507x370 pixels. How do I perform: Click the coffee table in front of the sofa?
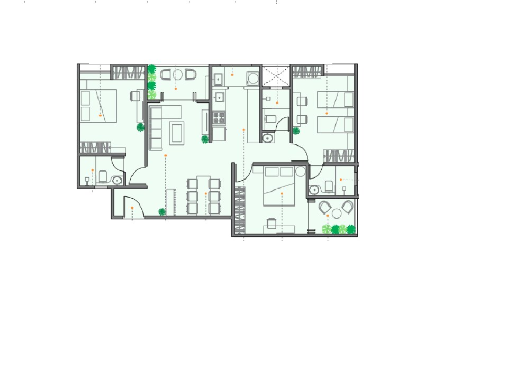[177, 133]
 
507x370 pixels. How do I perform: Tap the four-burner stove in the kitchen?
[219, 118]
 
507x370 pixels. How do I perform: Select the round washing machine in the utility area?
[253, 79]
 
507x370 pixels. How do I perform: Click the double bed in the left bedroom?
[98, 106]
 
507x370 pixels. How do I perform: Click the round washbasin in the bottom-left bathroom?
[117, 180]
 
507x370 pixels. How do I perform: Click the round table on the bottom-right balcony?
[337, 213]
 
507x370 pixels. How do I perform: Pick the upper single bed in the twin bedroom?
[335, 99]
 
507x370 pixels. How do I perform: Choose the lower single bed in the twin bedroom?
[335, 125]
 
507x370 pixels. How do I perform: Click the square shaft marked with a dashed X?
[277, 76]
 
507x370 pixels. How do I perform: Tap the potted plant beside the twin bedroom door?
[296, 131]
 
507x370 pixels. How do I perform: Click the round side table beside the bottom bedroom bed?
[301, 171]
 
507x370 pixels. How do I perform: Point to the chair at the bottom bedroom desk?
[271, 224]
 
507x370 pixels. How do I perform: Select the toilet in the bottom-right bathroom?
[329, 186]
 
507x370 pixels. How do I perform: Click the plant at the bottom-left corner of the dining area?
[162, 212]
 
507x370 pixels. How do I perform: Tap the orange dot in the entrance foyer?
[132, 208]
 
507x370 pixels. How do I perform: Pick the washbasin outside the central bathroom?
[268, 138]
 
